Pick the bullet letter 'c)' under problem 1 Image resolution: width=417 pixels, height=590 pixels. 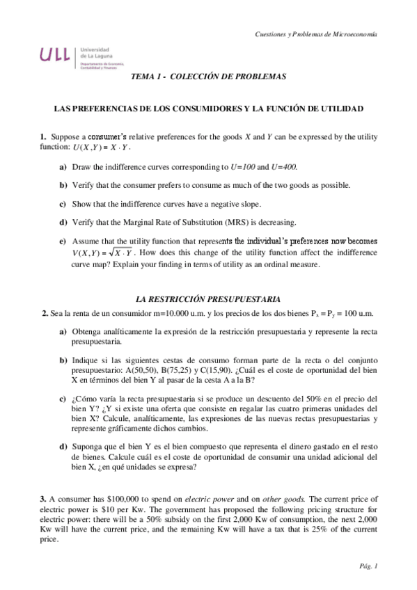pyautogui.click(x=63, y=204)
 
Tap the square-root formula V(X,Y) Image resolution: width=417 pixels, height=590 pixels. pyautogui.click(x=104, y=252)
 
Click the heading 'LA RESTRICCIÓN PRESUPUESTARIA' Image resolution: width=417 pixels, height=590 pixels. pyautogui.click(x=208, y=298)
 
